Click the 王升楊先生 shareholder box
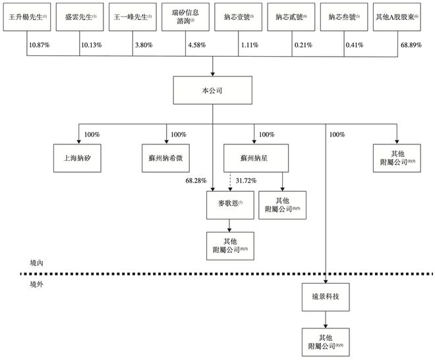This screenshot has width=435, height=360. (x=26, y=16)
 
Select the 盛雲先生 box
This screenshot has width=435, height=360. (x=79, y=16)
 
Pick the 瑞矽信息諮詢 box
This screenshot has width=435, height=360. (x=185, y=16)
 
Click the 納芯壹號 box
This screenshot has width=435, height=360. (x=239, y=16)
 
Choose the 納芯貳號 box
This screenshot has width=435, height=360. (x=292, y=16)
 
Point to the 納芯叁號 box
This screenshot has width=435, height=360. (x=345, y=16)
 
